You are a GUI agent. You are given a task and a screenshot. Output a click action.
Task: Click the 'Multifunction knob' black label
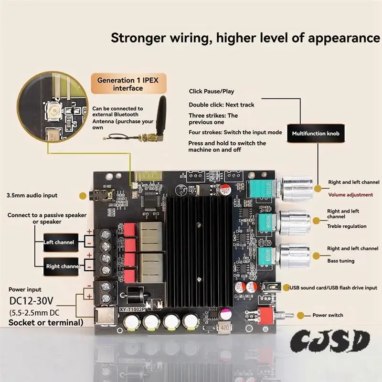click(316, 134)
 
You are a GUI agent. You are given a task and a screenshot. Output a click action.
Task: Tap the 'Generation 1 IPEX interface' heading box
click(127, 84)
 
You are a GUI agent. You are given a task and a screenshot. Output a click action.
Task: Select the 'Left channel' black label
click(59, 242)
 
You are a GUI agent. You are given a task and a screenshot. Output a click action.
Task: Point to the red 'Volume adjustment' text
click(350, 195)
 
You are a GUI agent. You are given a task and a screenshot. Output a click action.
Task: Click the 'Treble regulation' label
click(347, 226)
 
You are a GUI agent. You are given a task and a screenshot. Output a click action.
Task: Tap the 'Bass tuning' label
click(340, 261)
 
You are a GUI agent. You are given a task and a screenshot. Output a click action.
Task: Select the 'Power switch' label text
click(328, 315)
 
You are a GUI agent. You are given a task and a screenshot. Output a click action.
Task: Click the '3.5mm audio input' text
click(32, 195)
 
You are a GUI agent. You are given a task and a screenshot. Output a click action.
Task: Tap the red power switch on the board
click(265, 314)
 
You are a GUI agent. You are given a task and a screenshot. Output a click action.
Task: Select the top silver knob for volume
click(296, 188)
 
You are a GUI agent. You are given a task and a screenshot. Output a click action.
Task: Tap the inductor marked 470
click(223, 329)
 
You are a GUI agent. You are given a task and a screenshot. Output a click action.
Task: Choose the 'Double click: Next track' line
click(222, 105)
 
